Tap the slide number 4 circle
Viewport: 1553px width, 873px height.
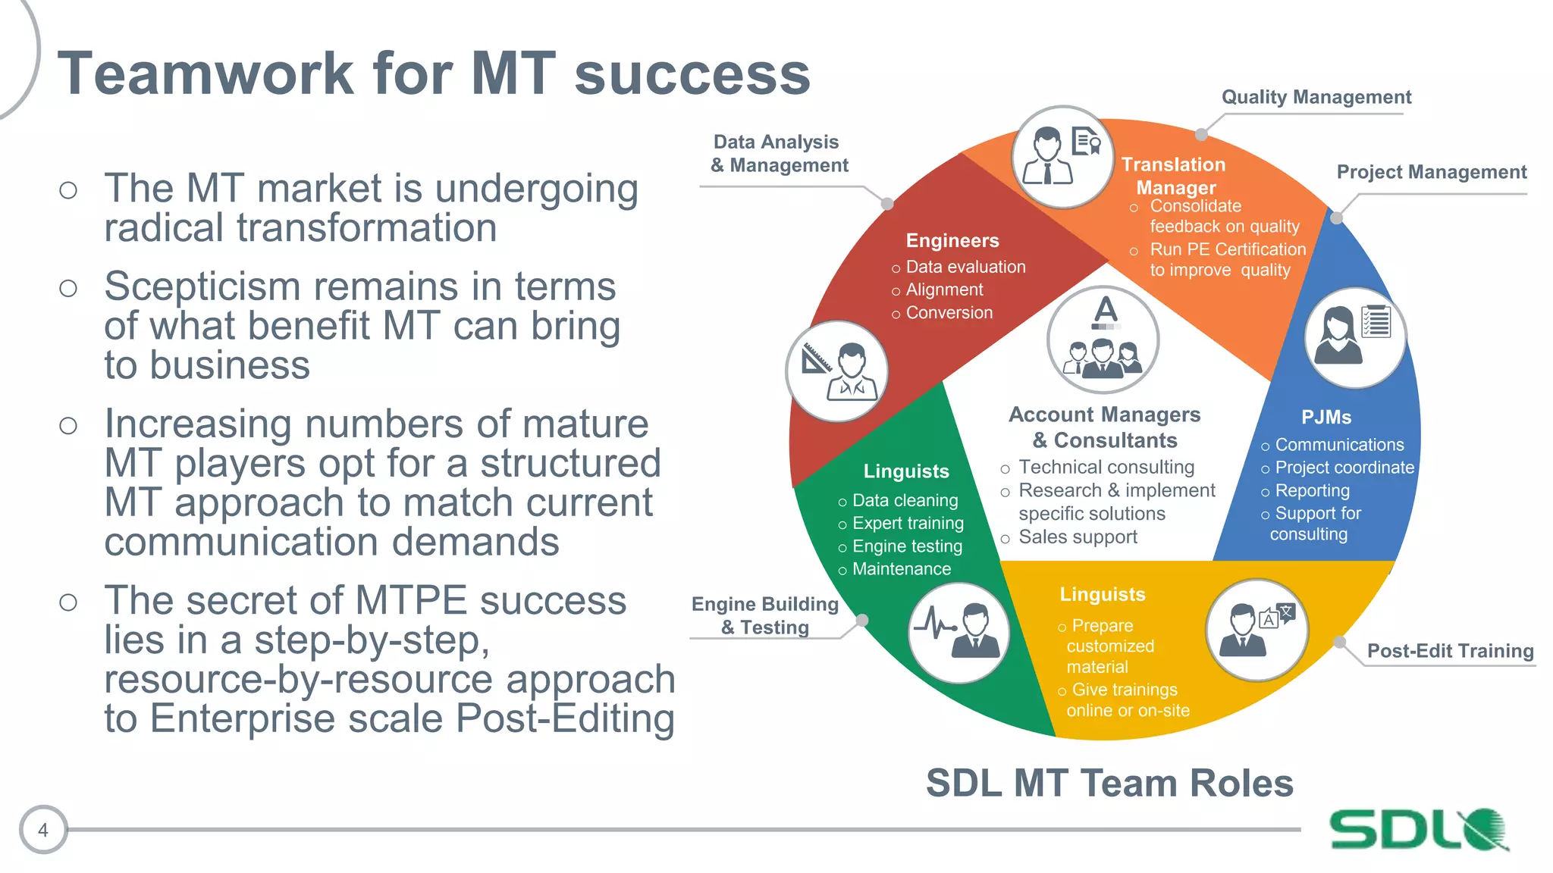point(43,830)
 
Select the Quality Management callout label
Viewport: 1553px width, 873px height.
point(1316,97)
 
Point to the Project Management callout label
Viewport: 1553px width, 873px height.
point(1431,172)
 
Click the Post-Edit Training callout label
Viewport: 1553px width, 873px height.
point(1449,651)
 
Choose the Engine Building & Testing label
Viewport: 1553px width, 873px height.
point(764,615)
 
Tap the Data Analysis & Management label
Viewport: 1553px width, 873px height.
point(779,153)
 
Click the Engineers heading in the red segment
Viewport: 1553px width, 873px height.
point(952,241)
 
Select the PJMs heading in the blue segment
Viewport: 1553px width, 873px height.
point(1326,418)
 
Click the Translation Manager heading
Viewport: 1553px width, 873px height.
point(1174,176)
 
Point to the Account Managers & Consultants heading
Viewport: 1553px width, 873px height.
point(1105,427)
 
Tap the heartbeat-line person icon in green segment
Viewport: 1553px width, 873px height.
point(958,633)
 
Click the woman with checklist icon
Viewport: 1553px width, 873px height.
point(1354,337)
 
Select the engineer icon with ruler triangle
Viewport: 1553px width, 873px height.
point(836,371)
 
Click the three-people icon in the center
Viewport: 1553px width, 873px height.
point(1103,340)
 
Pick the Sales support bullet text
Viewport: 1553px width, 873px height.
point(1078,537)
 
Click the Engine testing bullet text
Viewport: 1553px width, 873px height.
point(907,546)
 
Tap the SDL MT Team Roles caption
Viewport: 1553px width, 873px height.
point(1109,784)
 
